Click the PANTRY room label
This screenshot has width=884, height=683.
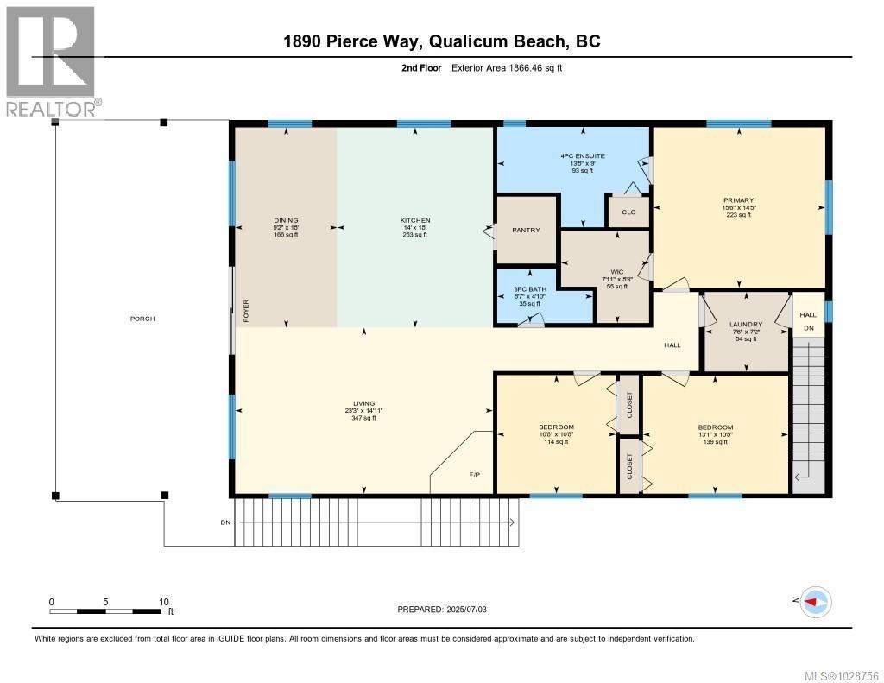click(526, 230)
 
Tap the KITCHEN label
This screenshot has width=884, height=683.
click(414, 221)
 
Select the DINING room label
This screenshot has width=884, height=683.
click(285, 221)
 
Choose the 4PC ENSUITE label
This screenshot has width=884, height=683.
click(582, 156)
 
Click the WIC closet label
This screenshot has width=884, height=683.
click(617, 272)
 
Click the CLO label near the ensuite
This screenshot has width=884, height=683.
click(628, 212)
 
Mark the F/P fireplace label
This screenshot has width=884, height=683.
click(474, 475)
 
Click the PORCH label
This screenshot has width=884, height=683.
click(142, 319)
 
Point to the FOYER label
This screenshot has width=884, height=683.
click(246, 311)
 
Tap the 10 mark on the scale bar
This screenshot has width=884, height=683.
click(163, 602)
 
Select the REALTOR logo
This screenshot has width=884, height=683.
click(51, 60)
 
